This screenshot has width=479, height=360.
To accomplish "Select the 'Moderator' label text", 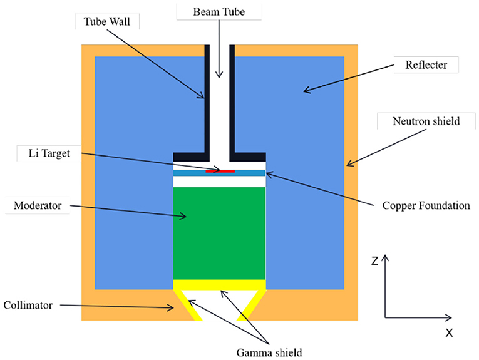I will [x=36, y=205].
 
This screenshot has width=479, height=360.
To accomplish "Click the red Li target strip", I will [x=224, y=170].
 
